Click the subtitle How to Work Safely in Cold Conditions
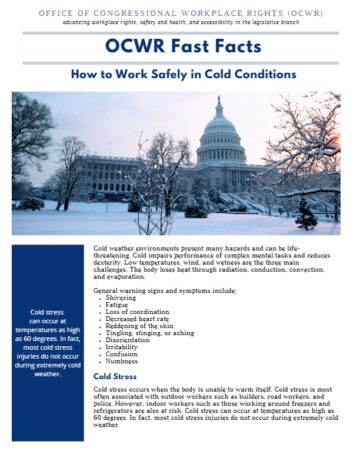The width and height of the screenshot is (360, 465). pos(180,75)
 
